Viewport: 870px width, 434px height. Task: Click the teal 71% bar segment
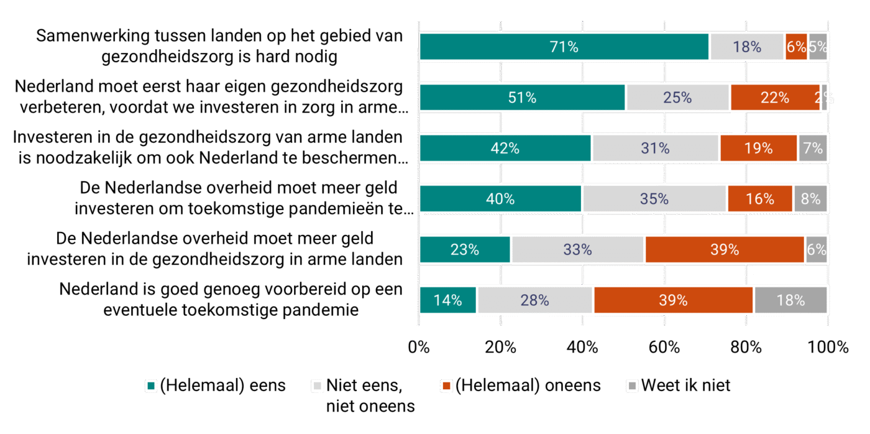click(x=564, y=47)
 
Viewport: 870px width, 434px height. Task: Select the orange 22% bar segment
click(x=776, y=98)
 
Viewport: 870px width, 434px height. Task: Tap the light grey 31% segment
click(x=656, y=148)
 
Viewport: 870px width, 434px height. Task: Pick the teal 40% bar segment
click(x=501, y=199)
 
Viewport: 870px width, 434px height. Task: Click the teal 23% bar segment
click(x=465, y=250)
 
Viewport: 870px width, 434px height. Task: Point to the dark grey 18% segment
click(x=790, y=300)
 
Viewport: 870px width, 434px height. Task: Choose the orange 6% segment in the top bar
click(x=796, y=47)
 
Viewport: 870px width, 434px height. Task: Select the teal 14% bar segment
click(x=447, y=300)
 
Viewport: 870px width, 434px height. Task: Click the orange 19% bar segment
click(x=758, y=148)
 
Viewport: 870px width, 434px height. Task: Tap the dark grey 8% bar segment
click(x=810, y=199)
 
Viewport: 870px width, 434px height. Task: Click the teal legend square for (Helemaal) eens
click(x=150, y=386)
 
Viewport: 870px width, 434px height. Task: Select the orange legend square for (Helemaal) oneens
click(x=446, y=386)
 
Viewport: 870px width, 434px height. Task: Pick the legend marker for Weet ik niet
click(x=632, y=386)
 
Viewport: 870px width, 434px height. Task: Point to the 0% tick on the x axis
click(x=419, y=348)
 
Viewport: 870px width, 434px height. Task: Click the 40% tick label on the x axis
click(x=582, y=348)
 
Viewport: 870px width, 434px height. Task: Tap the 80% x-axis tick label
click(x=746, y=348)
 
